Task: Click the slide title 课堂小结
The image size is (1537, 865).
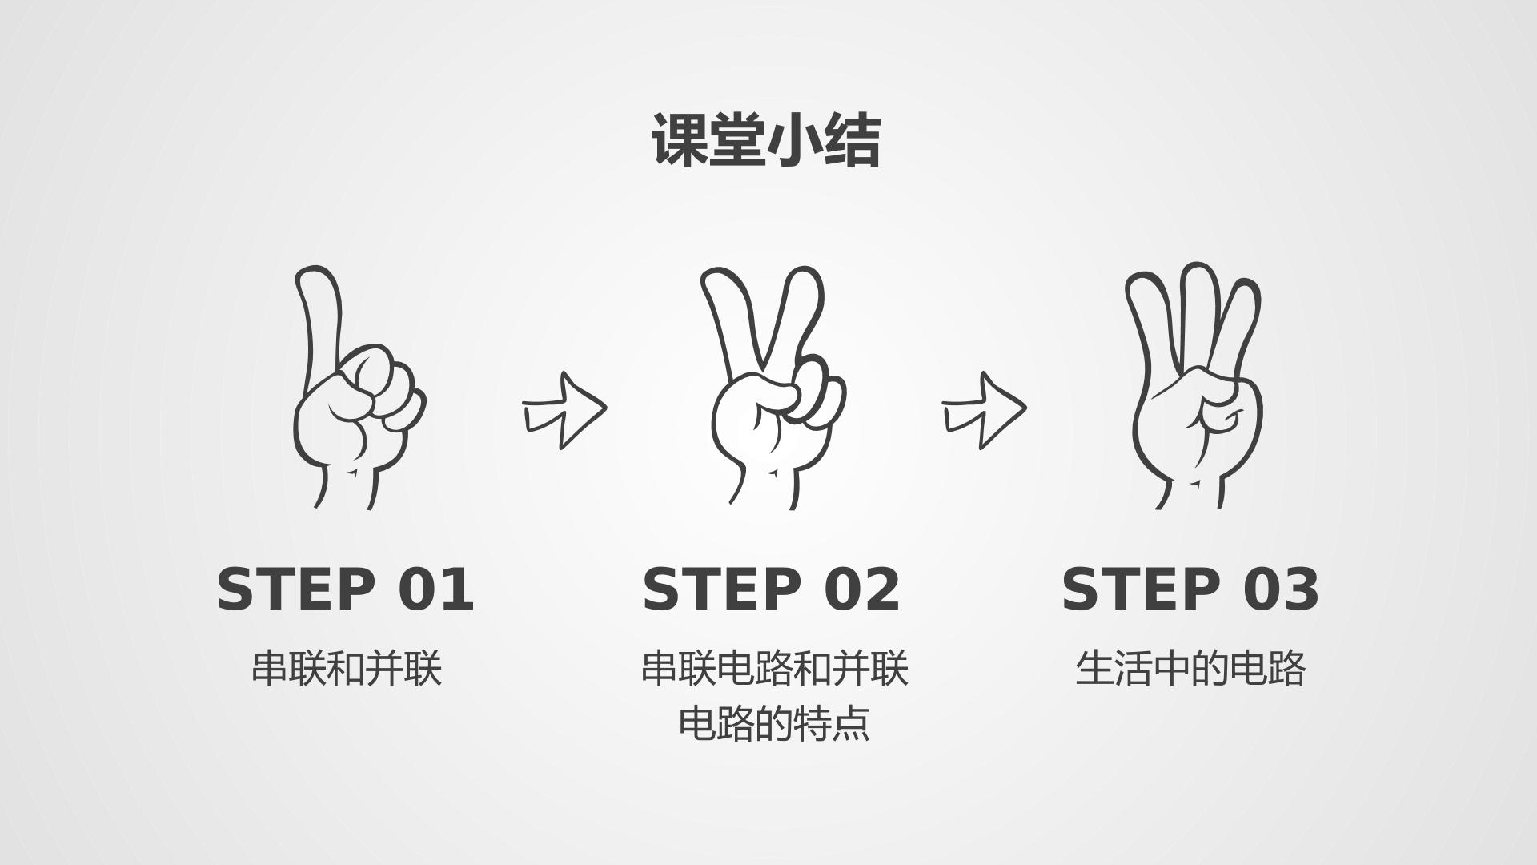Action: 767,140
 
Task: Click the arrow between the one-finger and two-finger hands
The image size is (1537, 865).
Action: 565,410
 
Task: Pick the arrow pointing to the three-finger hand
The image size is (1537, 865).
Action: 984,410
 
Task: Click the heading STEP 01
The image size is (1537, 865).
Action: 346,589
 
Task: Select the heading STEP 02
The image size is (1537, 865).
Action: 772,589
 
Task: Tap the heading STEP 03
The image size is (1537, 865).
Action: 1190,589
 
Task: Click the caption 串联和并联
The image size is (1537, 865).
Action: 347,668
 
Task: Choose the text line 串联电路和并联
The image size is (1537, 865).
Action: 774,668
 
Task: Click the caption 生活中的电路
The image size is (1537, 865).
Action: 1190,668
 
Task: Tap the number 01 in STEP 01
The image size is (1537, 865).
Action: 436,589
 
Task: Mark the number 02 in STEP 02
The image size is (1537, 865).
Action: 862,589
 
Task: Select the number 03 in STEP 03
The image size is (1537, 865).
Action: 1281,589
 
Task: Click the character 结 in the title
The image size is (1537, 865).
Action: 853,140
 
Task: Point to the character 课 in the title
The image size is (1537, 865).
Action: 680,140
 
